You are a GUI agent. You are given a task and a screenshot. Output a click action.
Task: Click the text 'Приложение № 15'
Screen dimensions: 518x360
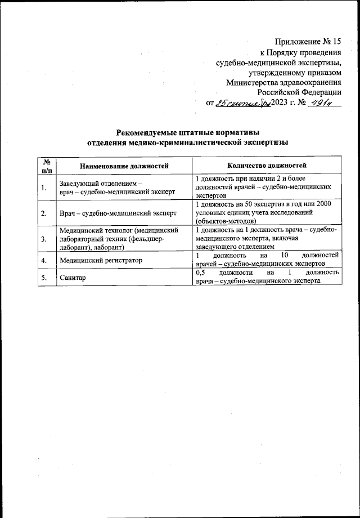[308, 42]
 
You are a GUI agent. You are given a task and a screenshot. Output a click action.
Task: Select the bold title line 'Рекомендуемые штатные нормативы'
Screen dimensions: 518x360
[187, 133]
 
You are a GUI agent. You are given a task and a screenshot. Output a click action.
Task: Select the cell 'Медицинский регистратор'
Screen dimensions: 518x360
[100, 260]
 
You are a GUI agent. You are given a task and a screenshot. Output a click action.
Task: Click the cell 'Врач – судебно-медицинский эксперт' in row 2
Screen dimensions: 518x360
[118, 213]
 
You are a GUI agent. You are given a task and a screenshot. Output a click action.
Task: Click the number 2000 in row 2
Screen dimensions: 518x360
[328, 204]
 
